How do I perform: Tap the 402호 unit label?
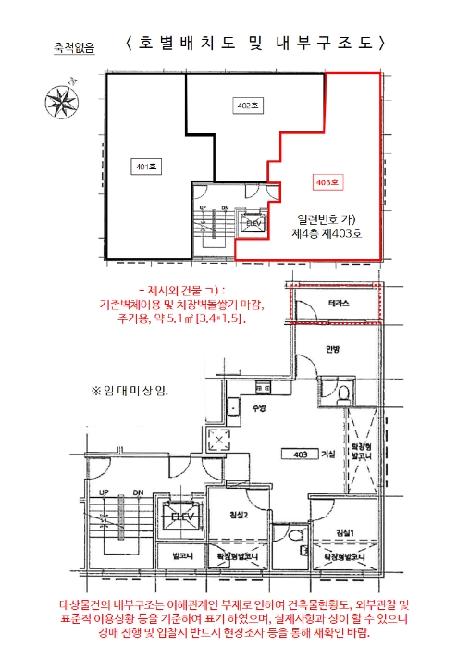246,107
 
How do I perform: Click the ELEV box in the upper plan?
253,223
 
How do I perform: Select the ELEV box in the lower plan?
176,515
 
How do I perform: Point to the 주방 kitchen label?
259,407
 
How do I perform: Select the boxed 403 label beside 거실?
300,455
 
